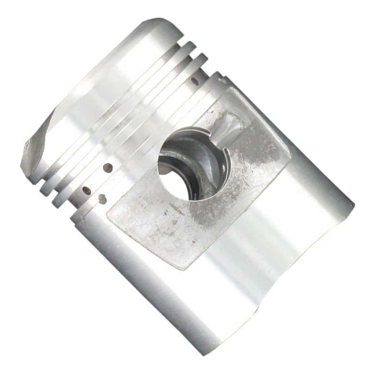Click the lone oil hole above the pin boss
195,81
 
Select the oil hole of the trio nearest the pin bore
108,167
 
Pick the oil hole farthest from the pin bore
86,190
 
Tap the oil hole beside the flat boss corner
102,199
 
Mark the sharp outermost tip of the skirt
354,204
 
